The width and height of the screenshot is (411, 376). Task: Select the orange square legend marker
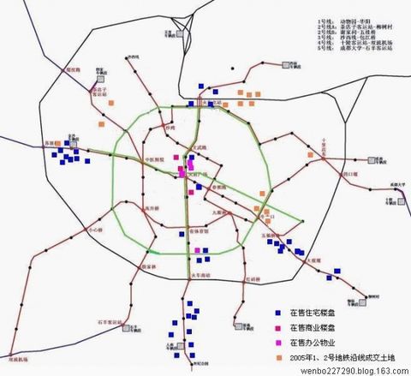pos(277,353)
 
